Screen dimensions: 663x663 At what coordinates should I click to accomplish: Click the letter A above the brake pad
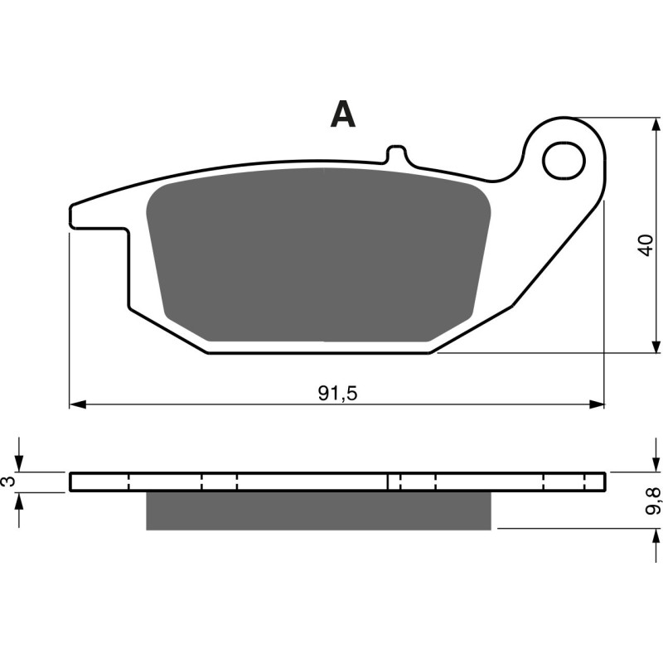[x=342, y=114]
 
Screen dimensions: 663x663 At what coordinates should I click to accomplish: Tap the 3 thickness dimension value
[x=8, y=482]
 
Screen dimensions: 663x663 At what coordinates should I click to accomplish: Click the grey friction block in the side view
[x=319, y=511]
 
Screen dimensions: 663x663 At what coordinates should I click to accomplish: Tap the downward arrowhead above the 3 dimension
[x=21, y=465]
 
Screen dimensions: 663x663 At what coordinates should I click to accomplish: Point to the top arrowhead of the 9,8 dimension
[x=656, y=465]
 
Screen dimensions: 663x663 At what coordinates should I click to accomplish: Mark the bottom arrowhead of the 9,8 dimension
[x=656, y=535]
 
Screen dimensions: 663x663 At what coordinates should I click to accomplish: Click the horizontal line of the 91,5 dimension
[x=207, y=404]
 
